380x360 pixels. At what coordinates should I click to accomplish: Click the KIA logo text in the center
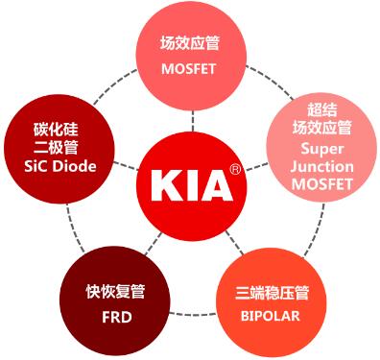pos(192,183)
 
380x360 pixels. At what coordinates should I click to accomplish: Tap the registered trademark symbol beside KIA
pos(235,170)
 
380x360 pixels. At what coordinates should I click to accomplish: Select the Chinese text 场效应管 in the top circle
pos(192,42)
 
